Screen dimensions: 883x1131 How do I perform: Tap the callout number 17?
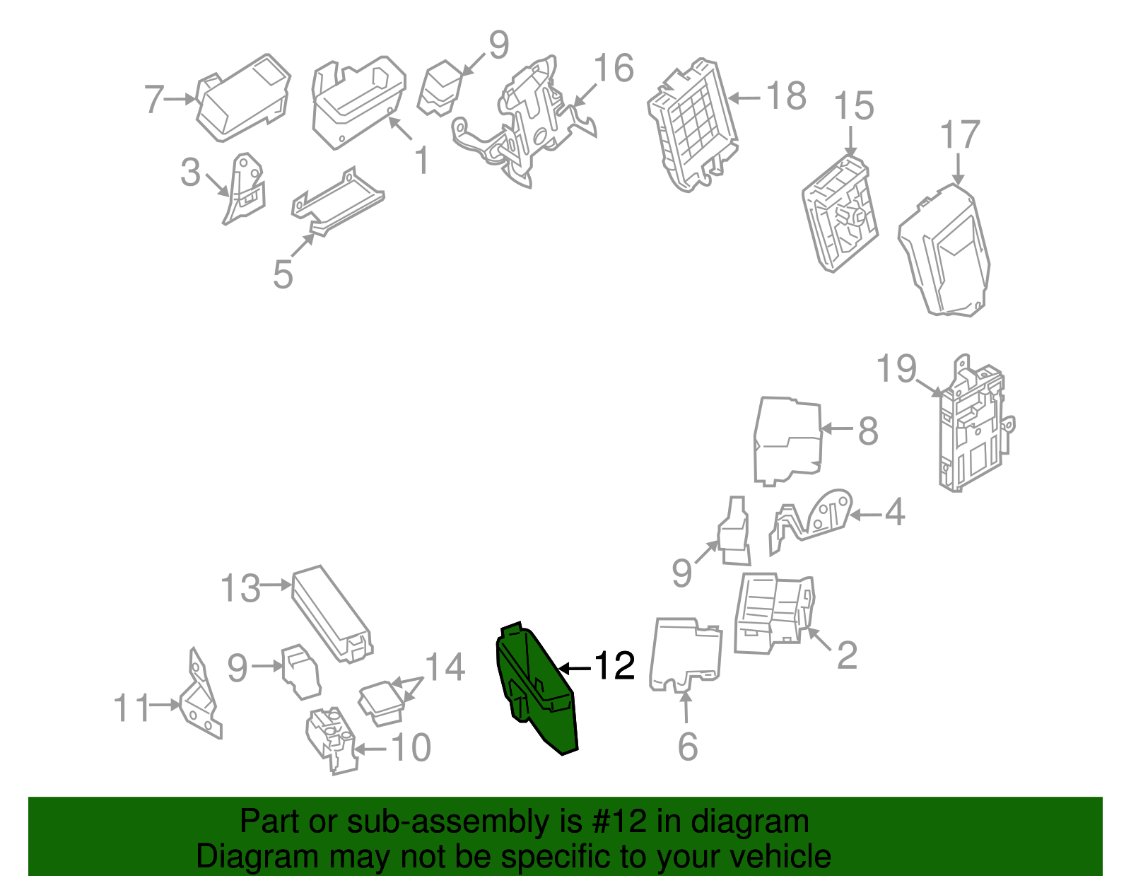click(x=960, y=135)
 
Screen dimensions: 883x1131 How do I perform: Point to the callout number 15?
click(x=854, y=106)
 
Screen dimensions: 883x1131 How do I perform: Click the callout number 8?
click(x=868, y=431)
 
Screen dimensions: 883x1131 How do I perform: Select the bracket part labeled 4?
click(x=813, y=520)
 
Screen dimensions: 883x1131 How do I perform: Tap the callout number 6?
click(x=687, y=747)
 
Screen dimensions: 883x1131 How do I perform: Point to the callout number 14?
click(x=445, y=667)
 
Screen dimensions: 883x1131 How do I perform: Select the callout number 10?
click(x=411, y=747)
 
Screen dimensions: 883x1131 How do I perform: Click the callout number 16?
click(x=614, y=69)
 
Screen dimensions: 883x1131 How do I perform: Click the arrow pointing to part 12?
click(x=574, y=667)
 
